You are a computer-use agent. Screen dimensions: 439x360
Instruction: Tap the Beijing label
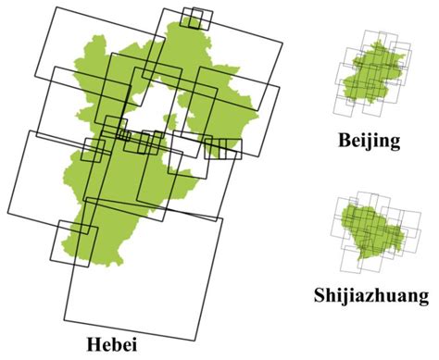point(369,141)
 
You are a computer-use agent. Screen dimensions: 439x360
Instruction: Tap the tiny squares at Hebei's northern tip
point(195,18)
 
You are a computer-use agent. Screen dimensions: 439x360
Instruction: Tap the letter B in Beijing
point(345,141)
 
